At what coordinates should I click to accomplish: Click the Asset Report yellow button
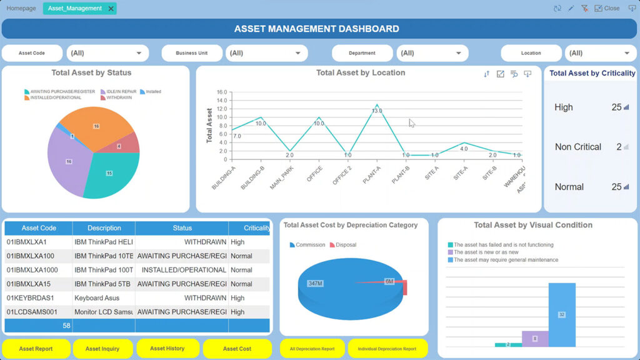[x=36, y=349]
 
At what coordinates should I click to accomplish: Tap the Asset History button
[x=167, y=349]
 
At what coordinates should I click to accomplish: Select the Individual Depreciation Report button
[x=386, y=349]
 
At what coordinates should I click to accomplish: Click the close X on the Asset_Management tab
[x=111, y=9]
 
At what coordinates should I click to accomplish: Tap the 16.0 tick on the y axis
[x=221, y=92]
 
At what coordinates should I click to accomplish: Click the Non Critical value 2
[x=618, y=147]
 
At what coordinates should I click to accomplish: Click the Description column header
[x=104, y=228]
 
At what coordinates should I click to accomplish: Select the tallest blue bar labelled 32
[x=561, y=314]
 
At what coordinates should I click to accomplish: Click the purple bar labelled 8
[x=534, y=338]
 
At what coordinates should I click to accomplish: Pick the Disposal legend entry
[x=345, y=245]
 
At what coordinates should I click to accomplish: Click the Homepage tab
[x=21, y=9]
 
